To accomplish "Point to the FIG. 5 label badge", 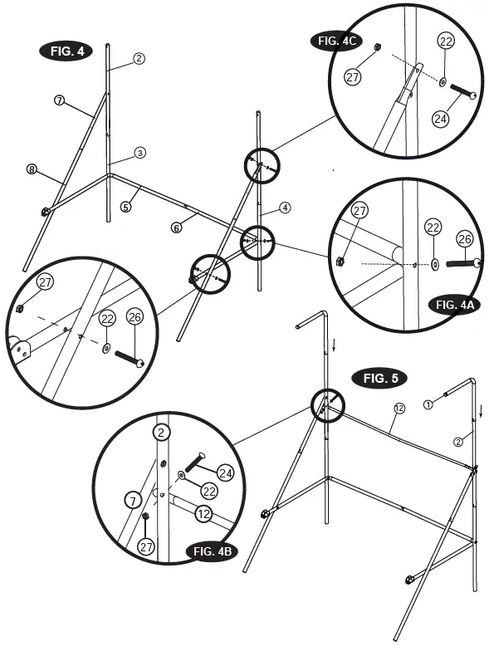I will click(380, 379).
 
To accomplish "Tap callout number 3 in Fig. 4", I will click(140, 153).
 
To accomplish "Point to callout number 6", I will click(176, 227).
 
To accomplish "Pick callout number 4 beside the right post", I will click(285, 207).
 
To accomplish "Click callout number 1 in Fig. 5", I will click(428, 404).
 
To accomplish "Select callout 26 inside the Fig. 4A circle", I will click(465, 238).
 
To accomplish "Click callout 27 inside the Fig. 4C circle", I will click(353, 77).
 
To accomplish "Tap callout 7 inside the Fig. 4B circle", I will click(131, 501).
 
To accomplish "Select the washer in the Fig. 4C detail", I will click(442, 82).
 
